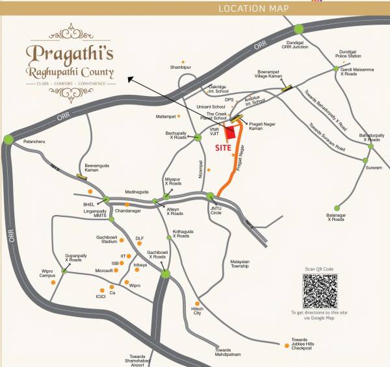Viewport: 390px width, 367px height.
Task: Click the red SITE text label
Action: (223, 147)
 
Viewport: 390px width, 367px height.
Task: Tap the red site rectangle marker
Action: (231, 133)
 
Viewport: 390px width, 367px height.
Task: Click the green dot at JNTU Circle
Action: (211, 196)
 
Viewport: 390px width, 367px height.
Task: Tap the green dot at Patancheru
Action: (8, 139)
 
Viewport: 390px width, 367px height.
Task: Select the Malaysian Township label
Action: (240, 264)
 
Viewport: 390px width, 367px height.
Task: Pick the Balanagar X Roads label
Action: (336, 217)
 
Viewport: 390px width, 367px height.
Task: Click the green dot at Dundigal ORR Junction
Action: (298, 29)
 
